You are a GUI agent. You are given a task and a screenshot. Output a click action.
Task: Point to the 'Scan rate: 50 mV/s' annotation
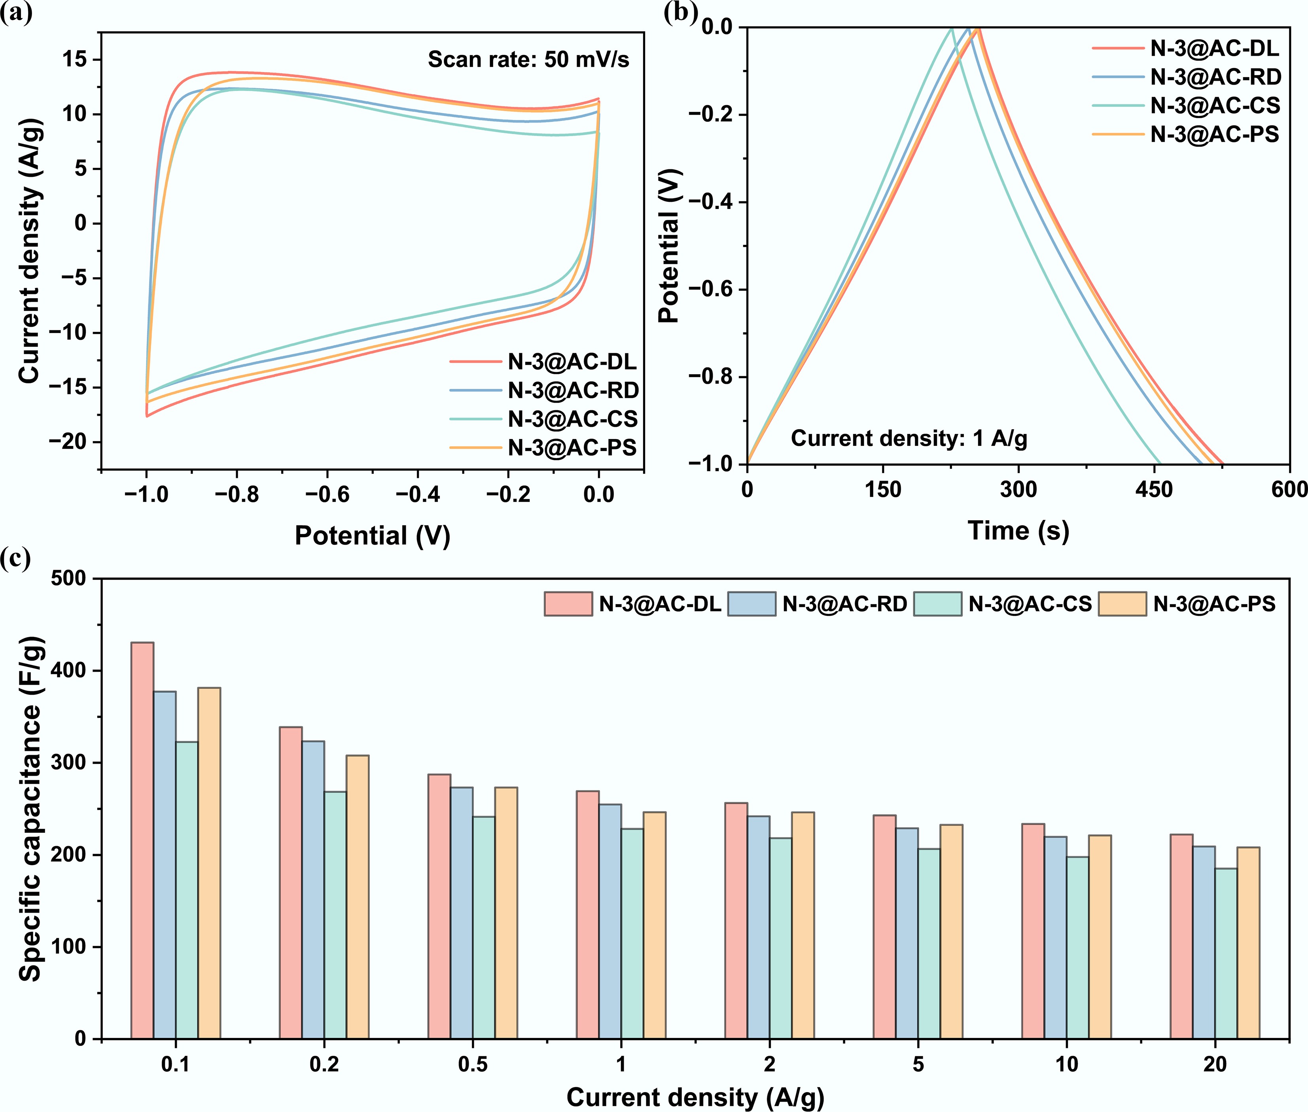pyautogui.click(x=528, y=59)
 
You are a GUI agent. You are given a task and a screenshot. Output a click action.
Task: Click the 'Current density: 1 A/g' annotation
pyautogui.click(x=909, y=438)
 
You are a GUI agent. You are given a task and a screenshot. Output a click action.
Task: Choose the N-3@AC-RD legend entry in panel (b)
pyautogui.click(x=1215, y=77)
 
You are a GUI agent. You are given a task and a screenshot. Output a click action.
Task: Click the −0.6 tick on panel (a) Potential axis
pyautogui.click(x=327, y=494)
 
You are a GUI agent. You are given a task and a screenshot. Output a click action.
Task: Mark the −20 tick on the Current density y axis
pyautogui.click(x=69, y=442)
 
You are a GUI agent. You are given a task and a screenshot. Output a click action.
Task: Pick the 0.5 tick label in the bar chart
pyautogui.click(x=472, y=1065)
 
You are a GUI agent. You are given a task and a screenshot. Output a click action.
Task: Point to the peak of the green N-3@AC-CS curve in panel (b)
pyautogui.click(x=951, y=28)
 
